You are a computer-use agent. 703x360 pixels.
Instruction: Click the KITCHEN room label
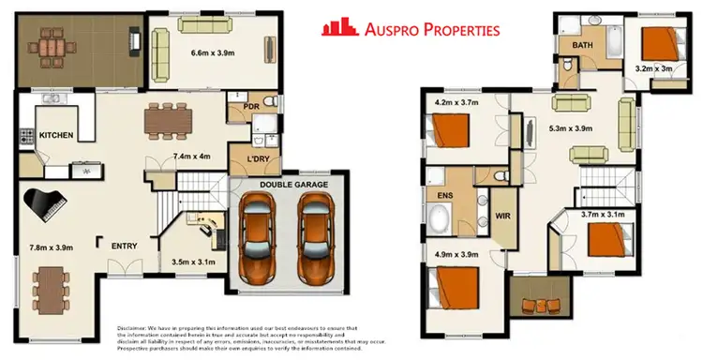pos(57,136)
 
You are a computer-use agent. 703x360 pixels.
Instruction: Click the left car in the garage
pos(256,240)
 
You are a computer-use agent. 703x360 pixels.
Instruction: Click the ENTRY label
pos(125,247)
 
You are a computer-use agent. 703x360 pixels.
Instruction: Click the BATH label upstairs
pos(572,45)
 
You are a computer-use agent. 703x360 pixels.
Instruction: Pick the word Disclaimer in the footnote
pos(135,327)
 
